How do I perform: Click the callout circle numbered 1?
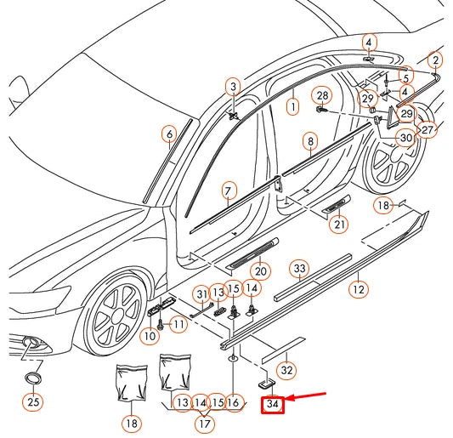(x=292, y=107)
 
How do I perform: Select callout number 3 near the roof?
(x=233, y=85)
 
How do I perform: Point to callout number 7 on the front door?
(x=228, y=190)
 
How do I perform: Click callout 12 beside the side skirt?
(x=359, y=289)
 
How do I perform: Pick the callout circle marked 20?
(x=260, y=271)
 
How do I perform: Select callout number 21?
(x=340, y=224)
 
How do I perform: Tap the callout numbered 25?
(x=32, y=401)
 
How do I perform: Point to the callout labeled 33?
(x=299, y=269)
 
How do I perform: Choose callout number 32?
(x=287, y=370)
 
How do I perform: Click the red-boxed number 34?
(x=272, y=405)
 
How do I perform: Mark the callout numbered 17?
(x=205, y=421)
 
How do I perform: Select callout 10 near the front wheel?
(x=149, y=336)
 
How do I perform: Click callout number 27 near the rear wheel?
(x=427, y=130)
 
